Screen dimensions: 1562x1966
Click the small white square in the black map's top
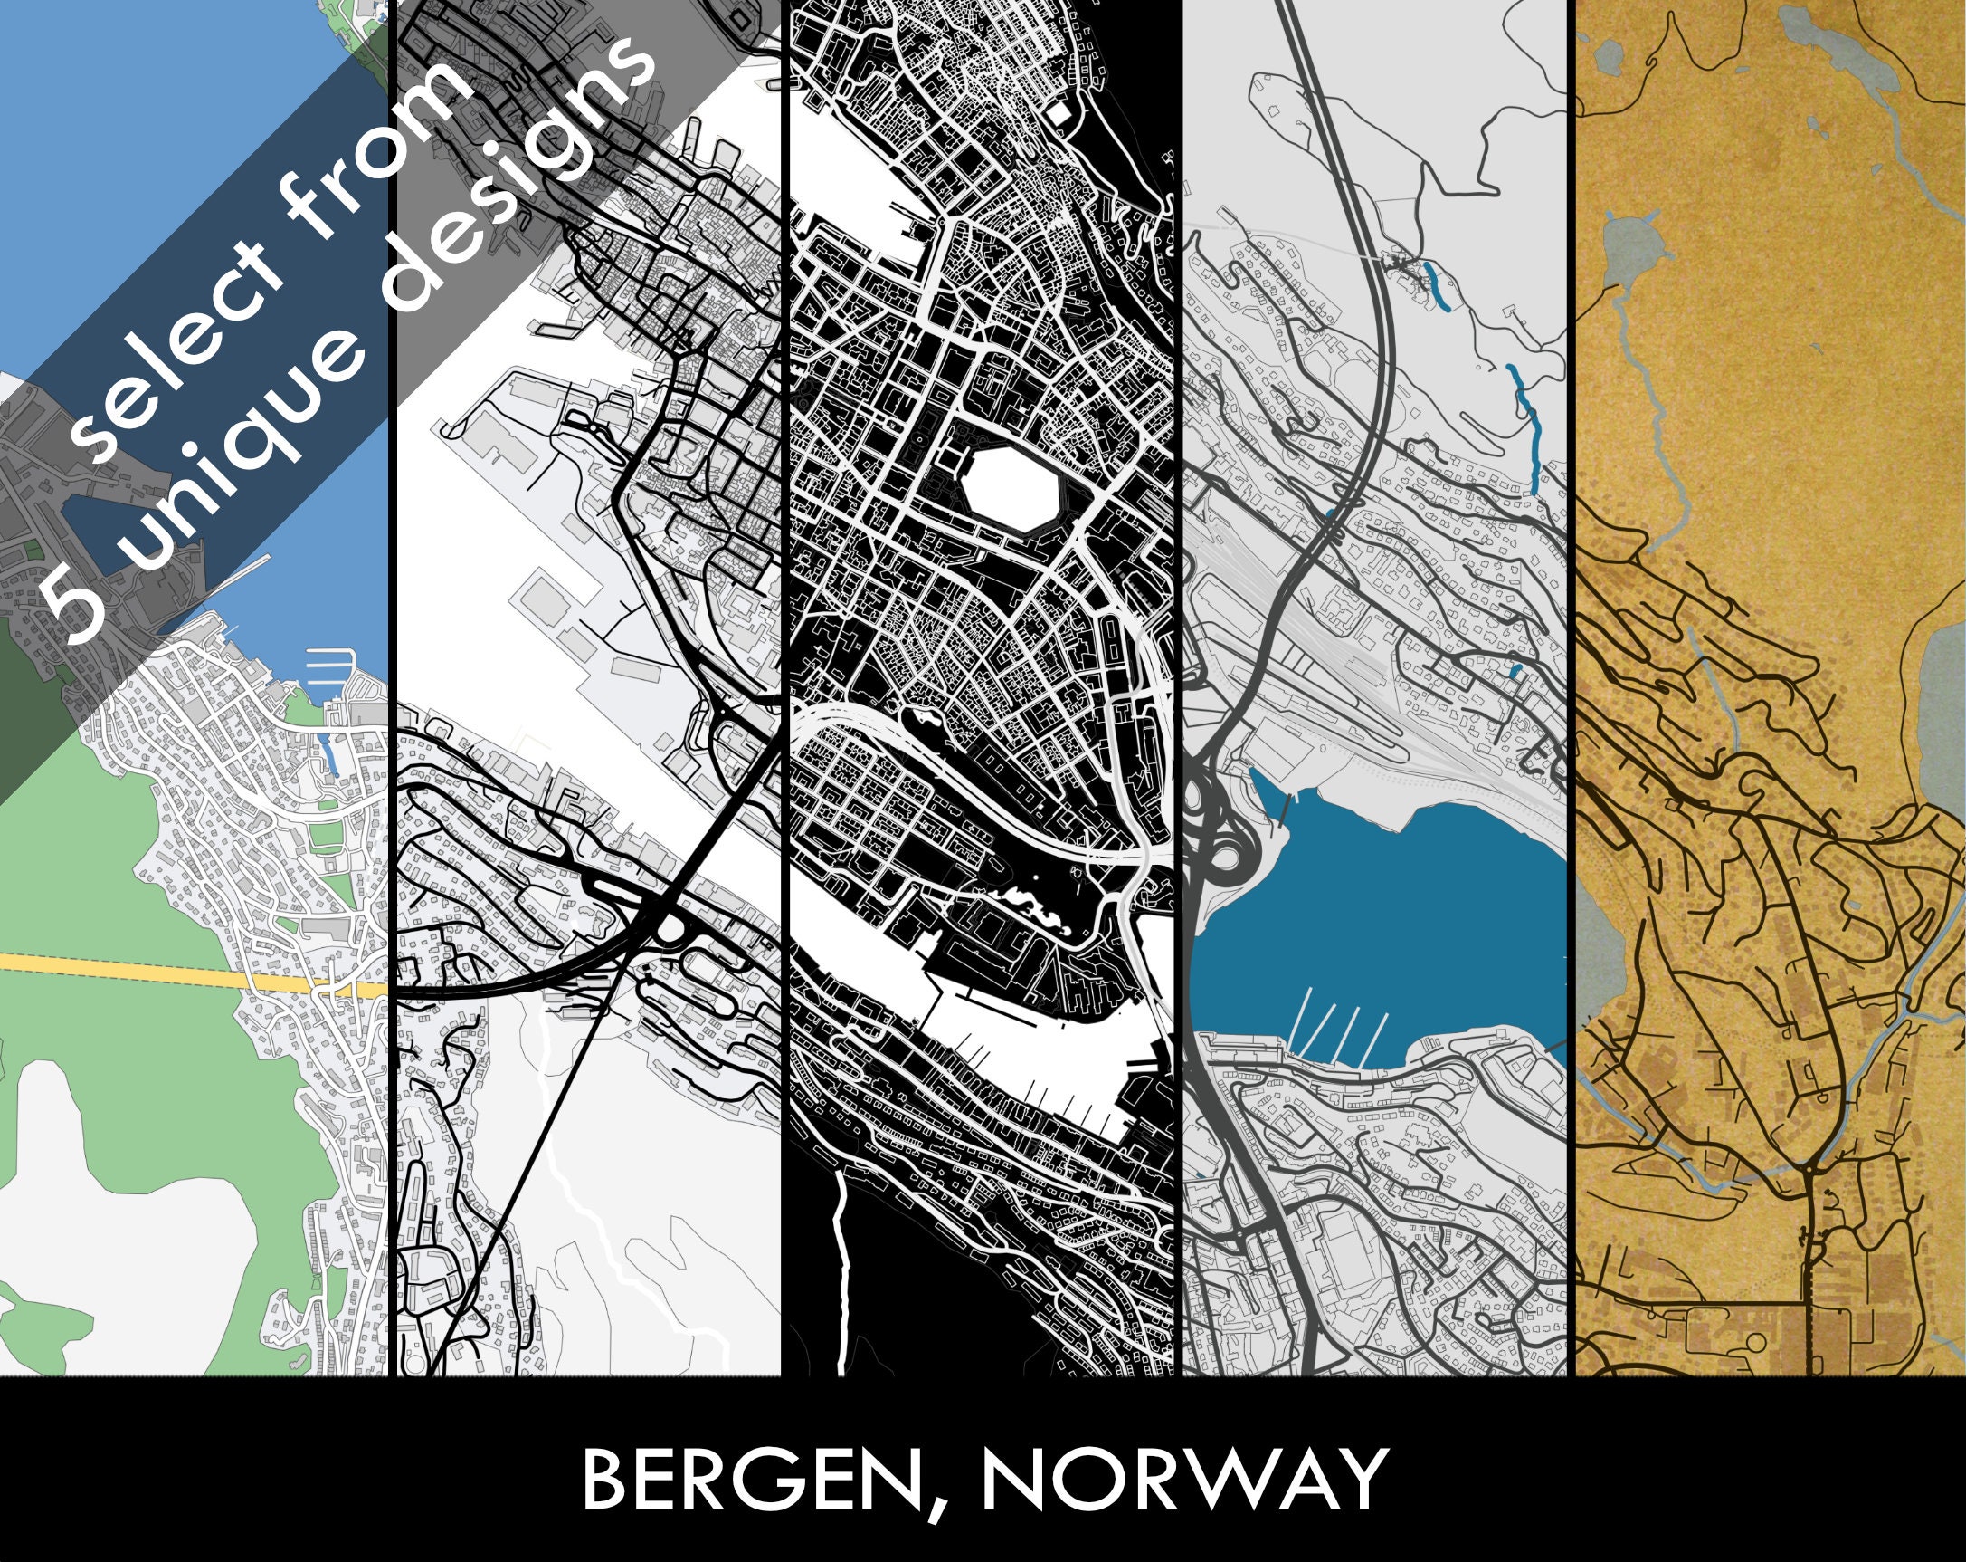coord(1059,114)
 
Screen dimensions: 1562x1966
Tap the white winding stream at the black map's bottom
coord(842,1278)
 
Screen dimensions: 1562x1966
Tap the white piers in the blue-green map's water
coord(326,666)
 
